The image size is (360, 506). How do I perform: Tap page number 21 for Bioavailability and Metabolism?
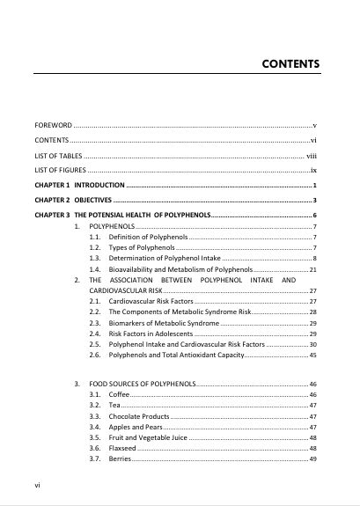point(312,269)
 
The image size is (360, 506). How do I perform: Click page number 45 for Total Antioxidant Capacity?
point(312,355)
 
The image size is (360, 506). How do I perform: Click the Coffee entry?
point(119,396)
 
